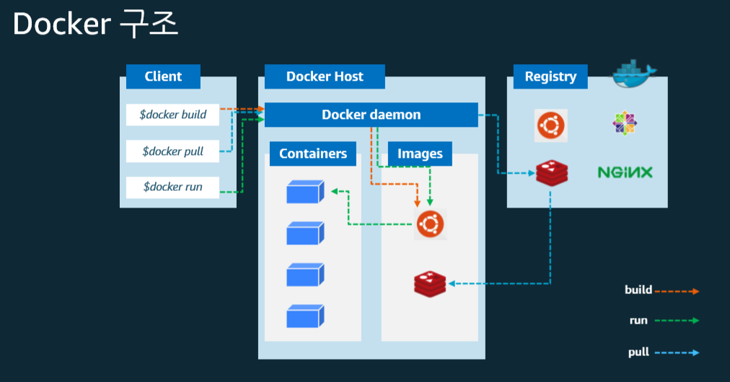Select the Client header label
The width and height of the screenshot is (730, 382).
163,76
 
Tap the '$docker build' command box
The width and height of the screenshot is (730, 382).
172,115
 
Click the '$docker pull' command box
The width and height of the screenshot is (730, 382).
172,151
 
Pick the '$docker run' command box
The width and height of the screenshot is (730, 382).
172,187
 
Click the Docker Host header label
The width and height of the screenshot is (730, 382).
325,76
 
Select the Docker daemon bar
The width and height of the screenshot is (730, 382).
371,115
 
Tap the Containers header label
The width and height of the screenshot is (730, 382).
313,154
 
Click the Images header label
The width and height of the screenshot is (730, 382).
420,154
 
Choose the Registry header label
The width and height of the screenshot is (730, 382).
550,76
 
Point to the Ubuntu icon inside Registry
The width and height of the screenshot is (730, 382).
551,125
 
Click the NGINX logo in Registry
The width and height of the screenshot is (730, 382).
625,172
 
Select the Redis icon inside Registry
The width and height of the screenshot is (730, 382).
551,173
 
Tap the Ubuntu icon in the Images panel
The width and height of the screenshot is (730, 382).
431,224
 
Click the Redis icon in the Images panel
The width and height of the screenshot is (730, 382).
431,283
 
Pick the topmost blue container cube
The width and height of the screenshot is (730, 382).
304,192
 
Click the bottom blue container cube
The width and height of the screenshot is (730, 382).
304,316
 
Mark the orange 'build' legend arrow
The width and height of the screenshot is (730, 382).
677,291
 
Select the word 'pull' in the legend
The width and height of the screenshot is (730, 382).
638,352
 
